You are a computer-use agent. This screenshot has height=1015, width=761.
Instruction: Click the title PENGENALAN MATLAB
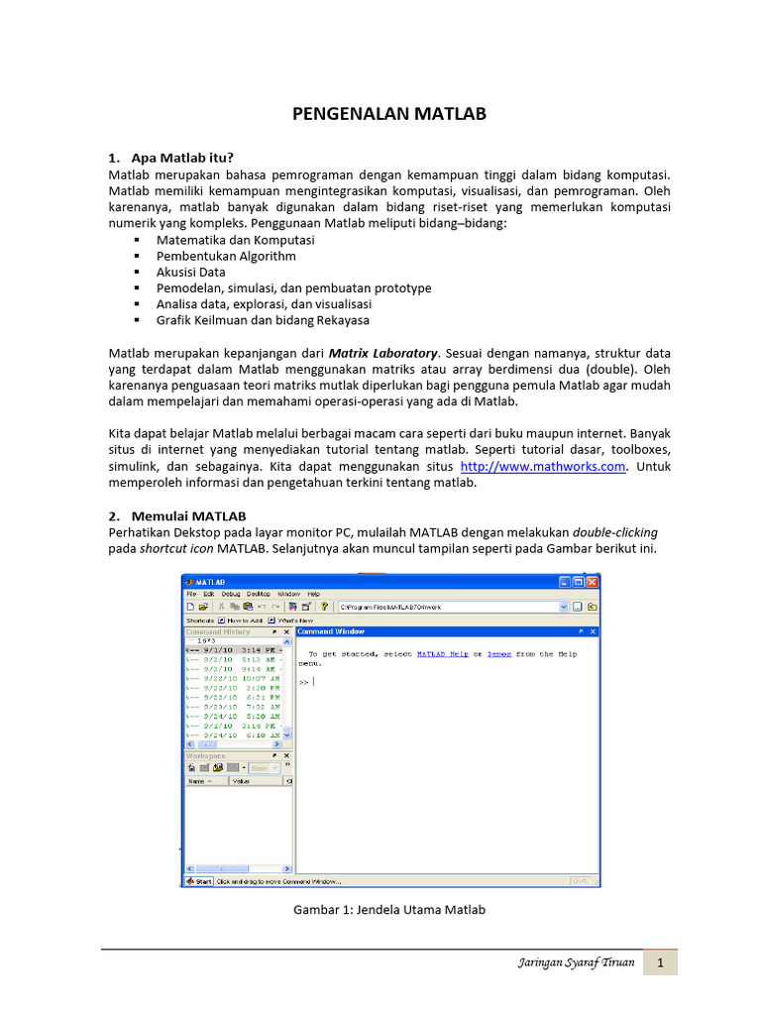click(x=389, y=114)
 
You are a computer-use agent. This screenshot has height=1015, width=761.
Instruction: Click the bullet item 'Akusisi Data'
click(x=190, y=272)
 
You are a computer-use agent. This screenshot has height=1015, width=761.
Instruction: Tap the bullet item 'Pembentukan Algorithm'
click(x=226, y=256)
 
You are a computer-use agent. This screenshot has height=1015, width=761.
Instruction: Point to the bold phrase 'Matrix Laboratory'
click(x=382, y=353)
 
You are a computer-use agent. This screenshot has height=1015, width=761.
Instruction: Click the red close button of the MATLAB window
click(x=593, y=582)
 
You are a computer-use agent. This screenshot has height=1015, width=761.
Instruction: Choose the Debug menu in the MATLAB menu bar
click(x=231, y=594)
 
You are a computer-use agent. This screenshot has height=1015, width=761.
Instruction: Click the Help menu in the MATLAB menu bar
click(x=313, y=594)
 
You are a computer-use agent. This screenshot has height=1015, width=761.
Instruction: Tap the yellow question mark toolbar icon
click(x=323, y=606)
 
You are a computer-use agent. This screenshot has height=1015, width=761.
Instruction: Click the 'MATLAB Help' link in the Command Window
click(x=442, y=654)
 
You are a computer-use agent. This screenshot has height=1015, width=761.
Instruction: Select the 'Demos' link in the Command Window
click(x=498, y=654)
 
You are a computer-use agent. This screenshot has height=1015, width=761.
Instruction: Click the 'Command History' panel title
click(x=218, y=631)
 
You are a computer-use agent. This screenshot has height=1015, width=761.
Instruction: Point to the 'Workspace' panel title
click(x=206, y=755)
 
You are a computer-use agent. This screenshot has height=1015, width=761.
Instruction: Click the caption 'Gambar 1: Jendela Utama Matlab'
click(x=389, y=909)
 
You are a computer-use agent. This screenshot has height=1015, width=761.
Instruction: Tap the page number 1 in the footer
click(x=660, y=963)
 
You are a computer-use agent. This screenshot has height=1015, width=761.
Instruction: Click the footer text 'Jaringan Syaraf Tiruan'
click(x=575, y=963)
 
